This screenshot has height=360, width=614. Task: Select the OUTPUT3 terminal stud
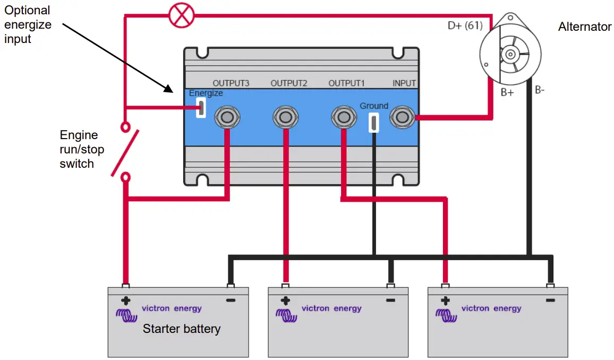(227, 116)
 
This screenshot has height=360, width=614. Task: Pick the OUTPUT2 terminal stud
(285, 116)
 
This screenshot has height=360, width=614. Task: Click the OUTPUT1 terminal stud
(344, 116)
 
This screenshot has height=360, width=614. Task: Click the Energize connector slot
(201, 107)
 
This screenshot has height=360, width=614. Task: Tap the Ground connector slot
(374, 122)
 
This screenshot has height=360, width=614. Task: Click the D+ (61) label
(465, 25)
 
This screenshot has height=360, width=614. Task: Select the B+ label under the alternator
(507, 92)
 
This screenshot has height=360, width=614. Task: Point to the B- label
(540, 90)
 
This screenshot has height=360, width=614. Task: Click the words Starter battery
(181, 329)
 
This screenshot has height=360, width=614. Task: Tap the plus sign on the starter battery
(126, 301)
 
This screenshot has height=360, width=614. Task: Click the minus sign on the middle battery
(390, 301)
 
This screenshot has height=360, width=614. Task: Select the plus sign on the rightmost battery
(445, 301)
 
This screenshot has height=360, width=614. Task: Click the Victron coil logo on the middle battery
(286, 315)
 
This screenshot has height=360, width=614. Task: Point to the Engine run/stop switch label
(81, 150)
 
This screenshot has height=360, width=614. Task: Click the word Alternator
(584, 27)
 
